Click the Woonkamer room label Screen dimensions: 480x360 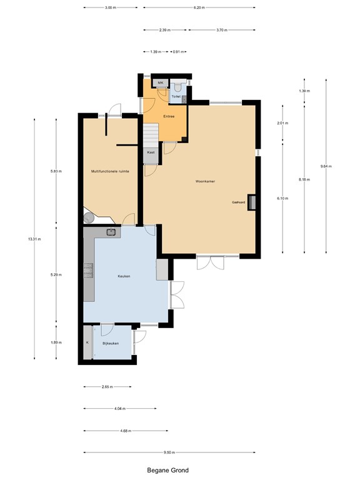tap(206, 182)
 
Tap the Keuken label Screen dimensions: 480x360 tap(124, 276)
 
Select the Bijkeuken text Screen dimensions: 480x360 tap(111, 343)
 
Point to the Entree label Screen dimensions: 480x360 tap(169, 116)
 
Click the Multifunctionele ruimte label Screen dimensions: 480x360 tap(110, 171)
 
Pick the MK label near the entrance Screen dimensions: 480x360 tap(160, 82)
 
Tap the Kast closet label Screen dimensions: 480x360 tap(151, 152)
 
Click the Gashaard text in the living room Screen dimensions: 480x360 tap(238, 202)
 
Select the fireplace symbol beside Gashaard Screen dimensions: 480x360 tap(251, 202)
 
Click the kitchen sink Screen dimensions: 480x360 tap(111, 232)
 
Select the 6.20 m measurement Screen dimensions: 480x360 tap(199, 7)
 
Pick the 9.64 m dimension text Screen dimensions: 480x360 tap(326, 166)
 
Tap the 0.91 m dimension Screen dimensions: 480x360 tap(179, 52)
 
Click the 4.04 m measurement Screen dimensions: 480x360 tap(119, 409)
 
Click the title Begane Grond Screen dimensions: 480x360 tap(167, 470)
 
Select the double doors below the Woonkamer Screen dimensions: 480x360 tap(209, 262)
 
